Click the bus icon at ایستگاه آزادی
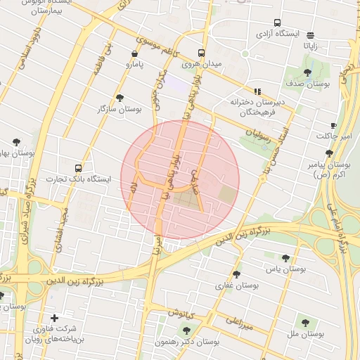[277, 23]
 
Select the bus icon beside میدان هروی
[202, 53]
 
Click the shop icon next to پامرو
[134, 53]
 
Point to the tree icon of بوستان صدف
[307, 72]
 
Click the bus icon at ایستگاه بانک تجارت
[78, 168]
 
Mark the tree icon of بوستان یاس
[285, 258]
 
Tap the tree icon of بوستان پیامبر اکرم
[329, 153]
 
